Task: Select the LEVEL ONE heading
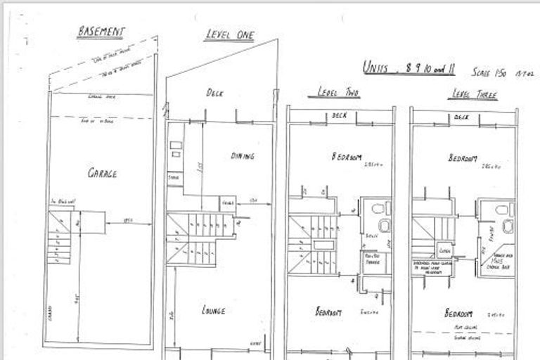229,35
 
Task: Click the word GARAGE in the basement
102,173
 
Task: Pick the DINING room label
241,156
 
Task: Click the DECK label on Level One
214,92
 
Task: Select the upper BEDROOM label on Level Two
347,157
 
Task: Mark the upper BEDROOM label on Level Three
463,158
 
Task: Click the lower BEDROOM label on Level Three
459,314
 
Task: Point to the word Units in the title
376,67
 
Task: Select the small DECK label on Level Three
461,117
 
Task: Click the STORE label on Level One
173,178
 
